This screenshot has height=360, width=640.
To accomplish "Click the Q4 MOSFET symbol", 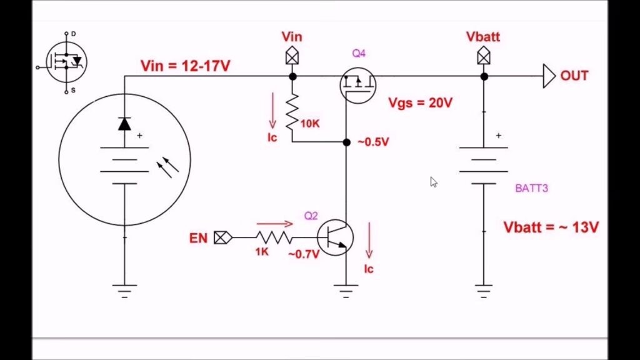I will coord(358,84).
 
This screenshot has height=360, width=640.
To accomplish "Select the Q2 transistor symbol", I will coord(335,237).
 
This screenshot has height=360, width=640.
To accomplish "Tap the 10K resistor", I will coord(292,113).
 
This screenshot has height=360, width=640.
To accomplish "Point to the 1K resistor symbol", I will coord(273,237).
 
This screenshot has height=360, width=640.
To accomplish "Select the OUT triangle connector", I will coord(548,76).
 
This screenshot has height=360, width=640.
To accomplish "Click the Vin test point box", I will coord(292,57).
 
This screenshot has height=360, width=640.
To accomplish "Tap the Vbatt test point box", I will coord(483,57).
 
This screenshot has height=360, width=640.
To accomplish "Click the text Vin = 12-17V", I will coord(185,65).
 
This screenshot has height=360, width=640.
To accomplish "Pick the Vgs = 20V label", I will coord(420,102).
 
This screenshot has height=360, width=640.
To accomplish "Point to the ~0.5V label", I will coord(373,142).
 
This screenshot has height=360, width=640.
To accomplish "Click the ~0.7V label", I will coord(304,254).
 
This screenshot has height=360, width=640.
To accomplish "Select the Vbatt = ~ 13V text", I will coord(551,227).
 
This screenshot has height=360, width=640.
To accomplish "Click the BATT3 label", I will coord(531,188).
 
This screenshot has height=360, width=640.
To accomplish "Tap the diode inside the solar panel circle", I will coord(124,124).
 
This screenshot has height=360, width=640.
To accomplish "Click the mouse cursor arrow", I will coord(433,181).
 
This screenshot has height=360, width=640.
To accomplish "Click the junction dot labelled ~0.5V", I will coord(346,142).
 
